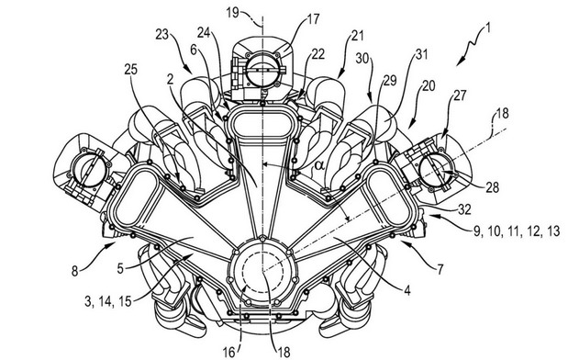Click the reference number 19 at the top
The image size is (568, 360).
click(x=233, y=13)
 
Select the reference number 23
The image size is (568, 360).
click(x=162, y=35)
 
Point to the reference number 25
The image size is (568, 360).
click(x=131, y=69)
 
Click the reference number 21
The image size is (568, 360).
click(x=357, y=36)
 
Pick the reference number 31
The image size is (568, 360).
click(x=421, y=54)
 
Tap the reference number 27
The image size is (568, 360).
click(x=460, y=96)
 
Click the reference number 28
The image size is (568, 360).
click(x=492, y=187)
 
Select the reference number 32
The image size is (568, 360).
click(x=464, y=209)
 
